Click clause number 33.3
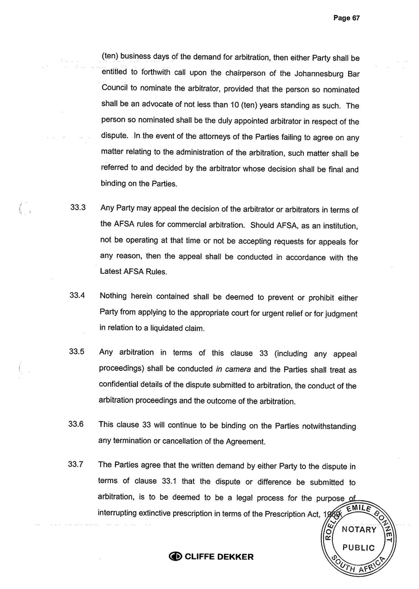77,208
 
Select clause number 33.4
77,296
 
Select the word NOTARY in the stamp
359,530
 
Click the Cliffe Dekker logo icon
175,557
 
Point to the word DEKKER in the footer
234,557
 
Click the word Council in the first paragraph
115,88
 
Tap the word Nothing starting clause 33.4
115,296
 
